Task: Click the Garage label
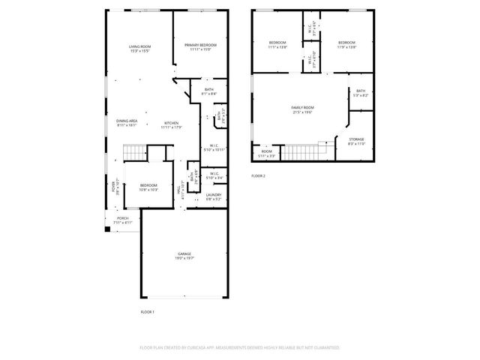click(x=184, y=255)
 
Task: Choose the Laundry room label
click(x=213, y=196)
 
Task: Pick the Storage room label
click(x=357, y=140)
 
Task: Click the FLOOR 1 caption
click(x=147, y=311)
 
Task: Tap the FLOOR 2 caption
click(x=258, y=176)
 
